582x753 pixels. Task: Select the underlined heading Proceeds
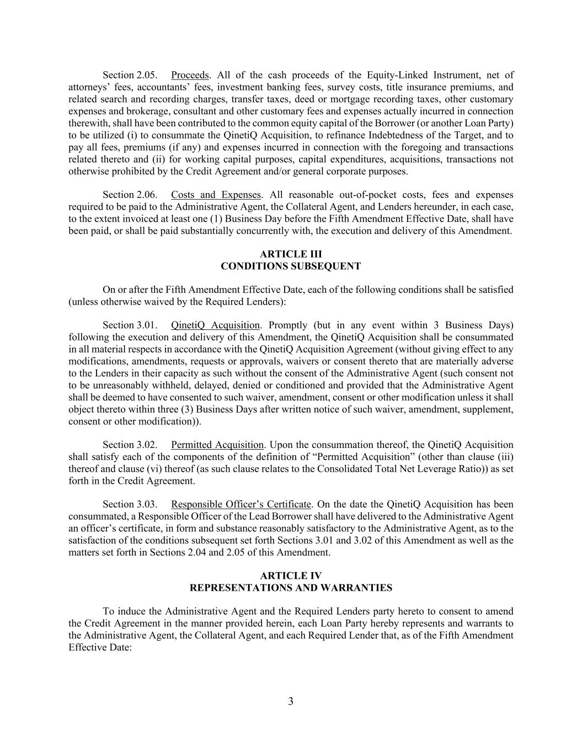(190, 75)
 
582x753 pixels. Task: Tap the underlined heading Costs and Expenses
(216, 195)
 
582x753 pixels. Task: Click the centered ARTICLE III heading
(291, 254)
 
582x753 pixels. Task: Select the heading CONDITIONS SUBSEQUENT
(291, 266)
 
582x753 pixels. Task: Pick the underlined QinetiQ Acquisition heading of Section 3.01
(215, 325)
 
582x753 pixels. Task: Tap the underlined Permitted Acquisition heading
(217, 445)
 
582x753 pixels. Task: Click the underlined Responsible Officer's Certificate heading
(241, 504)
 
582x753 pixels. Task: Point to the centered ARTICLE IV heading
(291, 576)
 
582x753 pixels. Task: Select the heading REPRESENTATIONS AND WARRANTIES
(291, 588)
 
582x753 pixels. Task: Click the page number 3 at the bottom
(291, 702)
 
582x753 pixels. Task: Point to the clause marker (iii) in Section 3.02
(505, 457)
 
